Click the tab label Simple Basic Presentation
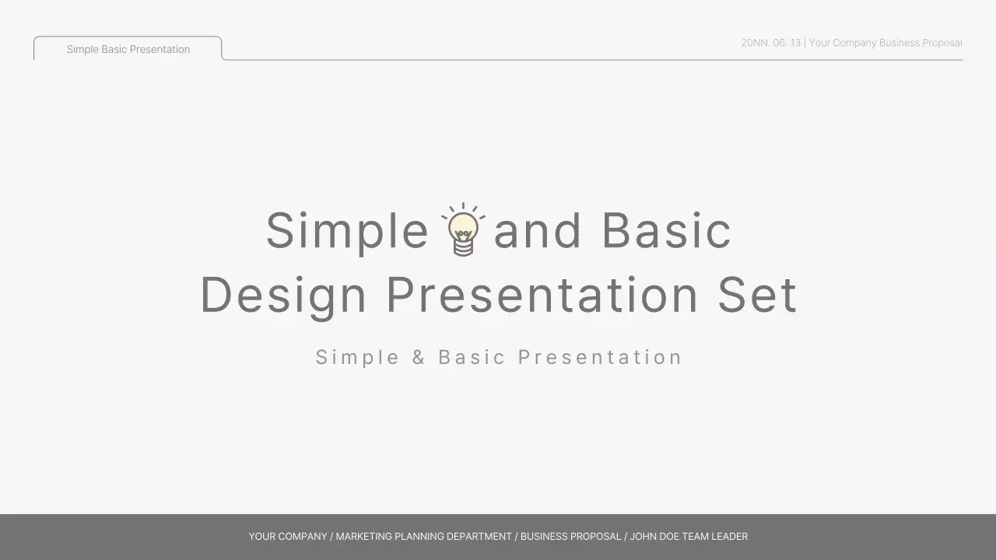[x=128, y=49]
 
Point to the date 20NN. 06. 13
[x=770, y=43]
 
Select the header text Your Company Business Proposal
[x=886, y=43]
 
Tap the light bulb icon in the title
[x=463, y=229]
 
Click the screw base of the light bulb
[x=463, y=248]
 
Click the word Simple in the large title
[x=347, y=231]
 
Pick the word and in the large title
[x=538, y=231]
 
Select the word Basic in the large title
[x=666, y=231]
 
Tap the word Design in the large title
[x=283, y=296]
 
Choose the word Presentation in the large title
[x=542, y=296]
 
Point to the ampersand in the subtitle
[x=419, y=357]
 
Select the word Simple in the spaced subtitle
[x=357, y=357]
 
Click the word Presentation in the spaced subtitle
[x=600, y=357]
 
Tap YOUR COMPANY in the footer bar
[x=288, y=537]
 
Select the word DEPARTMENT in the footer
[x=479, y=537]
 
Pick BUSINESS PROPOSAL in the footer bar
[x=570, y=537]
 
